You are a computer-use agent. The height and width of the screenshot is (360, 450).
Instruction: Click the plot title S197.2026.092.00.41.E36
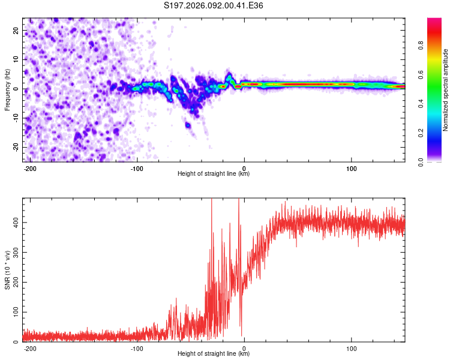pos(214,6)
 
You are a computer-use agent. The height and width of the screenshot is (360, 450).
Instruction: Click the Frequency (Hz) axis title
pos(7,89)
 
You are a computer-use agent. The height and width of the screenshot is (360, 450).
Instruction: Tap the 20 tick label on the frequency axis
pos(16,30)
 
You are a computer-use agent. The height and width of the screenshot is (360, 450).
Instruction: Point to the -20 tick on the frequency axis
pos(14,147)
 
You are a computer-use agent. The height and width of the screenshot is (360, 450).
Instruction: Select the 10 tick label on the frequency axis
pos(16,59)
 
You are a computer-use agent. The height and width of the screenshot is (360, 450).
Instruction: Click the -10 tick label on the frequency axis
pos(14,118)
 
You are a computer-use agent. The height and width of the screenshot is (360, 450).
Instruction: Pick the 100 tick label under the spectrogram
pos(351,168)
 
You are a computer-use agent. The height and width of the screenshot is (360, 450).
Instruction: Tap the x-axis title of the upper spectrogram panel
pos(214,174)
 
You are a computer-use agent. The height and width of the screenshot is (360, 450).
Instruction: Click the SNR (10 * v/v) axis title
pos(7,269)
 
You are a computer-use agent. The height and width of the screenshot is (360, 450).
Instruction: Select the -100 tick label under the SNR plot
pos(137,348)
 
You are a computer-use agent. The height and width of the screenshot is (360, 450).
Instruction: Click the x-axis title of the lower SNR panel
pos(214,354)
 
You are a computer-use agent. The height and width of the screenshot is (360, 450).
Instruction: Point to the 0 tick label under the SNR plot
pos(244,348)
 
